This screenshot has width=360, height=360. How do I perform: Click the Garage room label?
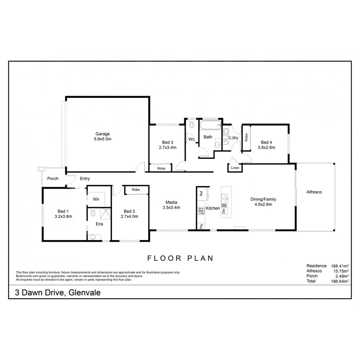pyautogui.click(x=102, y=134)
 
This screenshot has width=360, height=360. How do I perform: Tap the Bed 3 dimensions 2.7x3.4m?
pyautogui.click(x=167, y=148)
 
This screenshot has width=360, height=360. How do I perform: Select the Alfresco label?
pyautogui.click(x=314, y=192)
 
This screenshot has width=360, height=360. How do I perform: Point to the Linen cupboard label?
pyautogui.click(x=235, y=168)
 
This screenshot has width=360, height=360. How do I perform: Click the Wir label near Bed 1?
pyautogui.click(x=96, y=199)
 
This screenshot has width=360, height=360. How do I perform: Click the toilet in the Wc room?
pyautogui.click(x=191, y=125)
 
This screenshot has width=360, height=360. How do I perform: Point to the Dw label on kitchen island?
pyautogui.click(x=224, y=211)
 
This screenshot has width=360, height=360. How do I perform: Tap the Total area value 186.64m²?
pyautogui.click(x=340, y=281)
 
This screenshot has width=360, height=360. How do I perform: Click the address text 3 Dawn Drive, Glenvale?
pyautogui.click(x=58, y=293)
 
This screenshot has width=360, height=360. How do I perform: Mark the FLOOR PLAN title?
pyautogui.click(x=180, y=258)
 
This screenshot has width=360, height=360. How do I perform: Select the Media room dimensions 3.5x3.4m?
pyautogui.click(x=171, y=208)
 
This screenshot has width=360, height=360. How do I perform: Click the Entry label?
pyautogui.click(x=85, y=179)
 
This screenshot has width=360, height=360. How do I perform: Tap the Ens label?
pyautogui.click(x=99, y=224)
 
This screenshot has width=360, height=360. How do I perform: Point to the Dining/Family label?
pyautogui.click(x=263, y=199)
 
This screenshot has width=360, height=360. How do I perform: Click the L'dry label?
pyautogui.click(x=234, y=138)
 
